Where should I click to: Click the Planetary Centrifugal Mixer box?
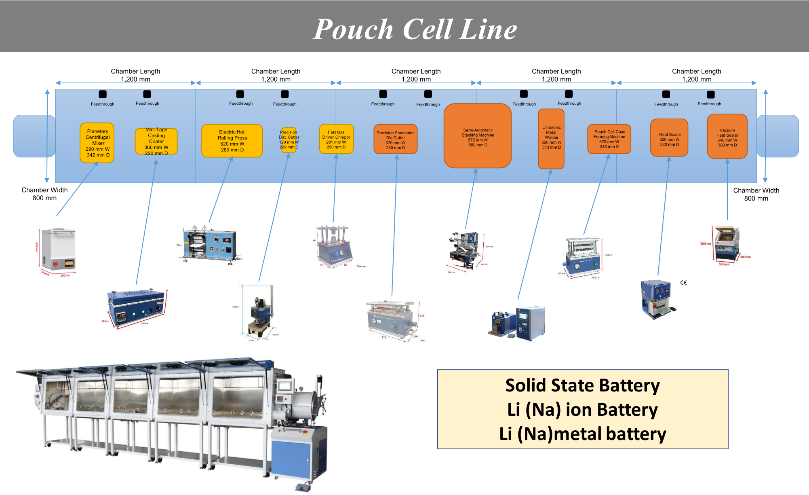(97, 143)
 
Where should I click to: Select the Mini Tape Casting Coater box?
(156, 142)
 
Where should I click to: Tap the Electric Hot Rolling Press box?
(232, 141)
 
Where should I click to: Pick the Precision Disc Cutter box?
(289, 140)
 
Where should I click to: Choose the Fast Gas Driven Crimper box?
(336, 139)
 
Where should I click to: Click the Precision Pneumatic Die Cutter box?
(396, 140)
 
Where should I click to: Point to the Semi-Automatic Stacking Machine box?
(478, 136)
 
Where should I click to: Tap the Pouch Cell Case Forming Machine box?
(609, 139)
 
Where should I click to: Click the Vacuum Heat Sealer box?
(727, 137)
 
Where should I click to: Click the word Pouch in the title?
(353, 29)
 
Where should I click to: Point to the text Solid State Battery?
(582, 385)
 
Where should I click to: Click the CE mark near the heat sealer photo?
(683, 282)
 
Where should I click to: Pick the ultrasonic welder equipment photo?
(518, 323)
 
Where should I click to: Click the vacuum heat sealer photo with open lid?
(727, 243)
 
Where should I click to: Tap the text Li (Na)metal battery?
(582, 434)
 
